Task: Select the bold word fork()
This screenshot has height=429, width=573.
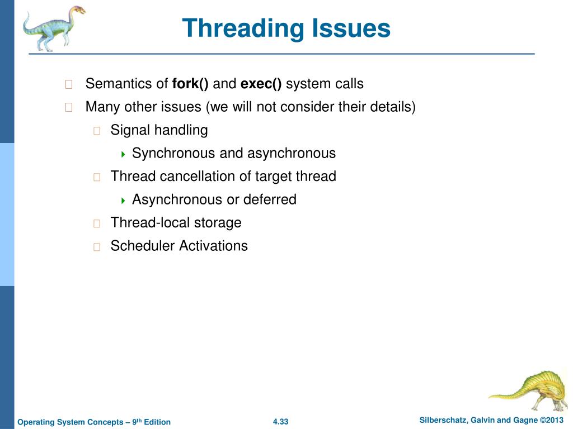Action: [x=190, y=84]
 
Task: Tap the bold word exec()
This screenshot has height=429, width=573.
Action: [x=261, y=84]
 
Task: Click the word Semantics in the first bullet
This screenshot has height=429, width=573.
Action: [x=119, y=84]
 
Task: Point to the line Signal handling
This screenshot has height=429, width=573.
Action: [x=159, y=131]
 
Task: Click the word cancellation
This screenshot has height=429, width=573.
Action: [x=205, y=177]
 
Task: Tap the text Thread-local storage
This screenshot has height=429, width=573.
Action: [x=176, y=223]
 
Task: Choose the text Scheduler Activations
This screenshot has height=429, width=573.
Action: [x=179, y=246]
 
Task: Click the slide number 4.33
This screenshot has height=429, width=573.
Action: [x=280, y=422]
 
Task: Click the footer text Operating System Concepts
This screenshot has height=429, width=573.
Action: [x=70, y=422]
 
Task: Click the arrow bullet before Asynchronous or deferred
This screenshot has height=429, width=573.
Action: [x=123, y=200]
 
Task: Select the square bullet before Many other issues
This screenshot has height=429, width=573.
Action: [x=69, y=108]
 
